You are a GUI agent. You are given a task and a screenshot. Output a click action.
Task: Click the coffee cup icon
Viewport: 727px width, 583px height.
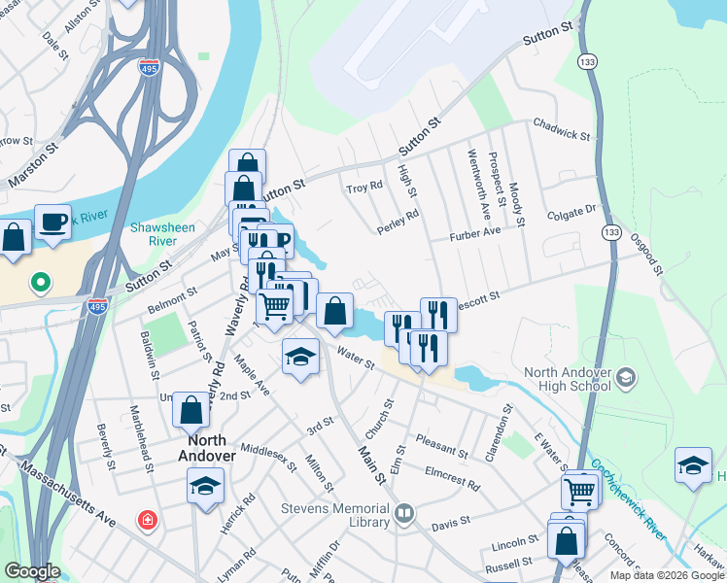(52, 223)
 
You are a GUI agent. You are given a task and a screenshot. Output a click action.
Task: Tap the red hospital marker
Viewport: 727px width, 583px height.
(146, 522)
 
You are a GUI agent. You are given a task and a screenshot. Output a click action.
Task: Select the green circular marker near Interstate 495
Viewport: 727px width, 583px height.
(40, 284)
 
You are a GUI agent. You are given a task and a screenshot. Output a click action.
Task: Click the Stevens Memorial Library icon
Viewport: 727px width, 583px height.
(403, 512)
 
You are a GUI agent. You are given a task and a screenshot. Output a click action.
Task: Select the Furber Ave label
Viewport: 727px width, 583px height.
(474, 234)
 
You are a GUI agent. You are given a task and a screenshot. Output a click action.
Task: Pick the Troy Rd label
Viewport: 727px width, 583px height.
(365, 186)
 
